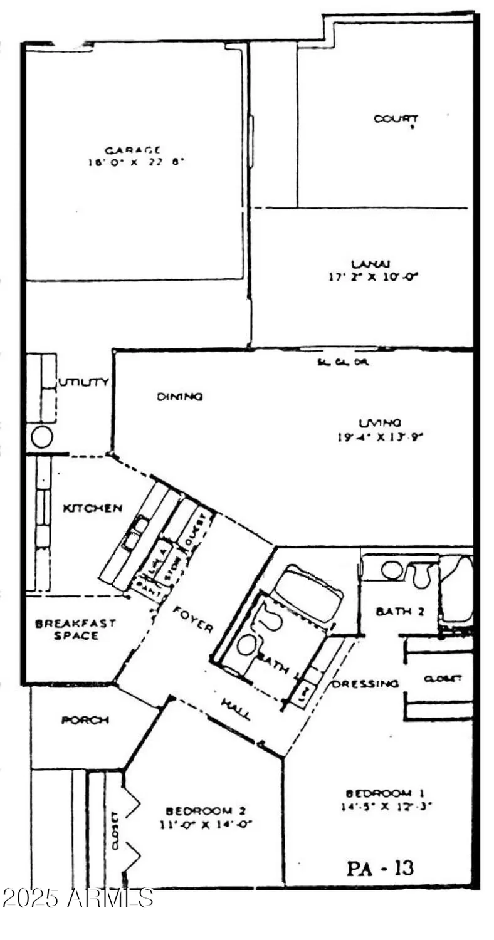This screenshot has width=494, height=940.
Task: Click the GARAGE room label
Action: (x=133, y=150)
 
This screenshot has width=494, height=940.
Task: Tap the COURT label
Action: (x=396, y=118)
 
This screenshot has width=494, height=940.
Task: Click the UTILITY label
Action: (x=84, y=382)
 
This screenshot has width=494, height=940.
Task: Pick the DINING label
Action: (x=179, y=396)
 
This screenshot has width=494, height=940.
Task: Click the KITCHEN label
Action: (x=92, y=508)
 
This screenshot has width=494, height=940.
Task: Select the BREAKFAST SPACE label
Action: (x=66, y=629)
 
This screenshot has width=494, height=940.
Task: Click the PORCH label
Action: (x=85, y=720)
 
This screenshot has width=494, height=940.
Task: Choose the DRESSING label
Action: (x=365, y=683)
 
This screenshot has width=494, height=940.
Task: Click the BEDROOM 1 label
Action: (x=379, y=793)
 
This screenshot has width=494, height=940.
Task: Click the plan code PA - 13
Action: (x=380, y=868)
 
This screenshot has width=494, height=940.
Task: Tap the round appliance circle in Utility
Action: (x=41, y=437)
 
